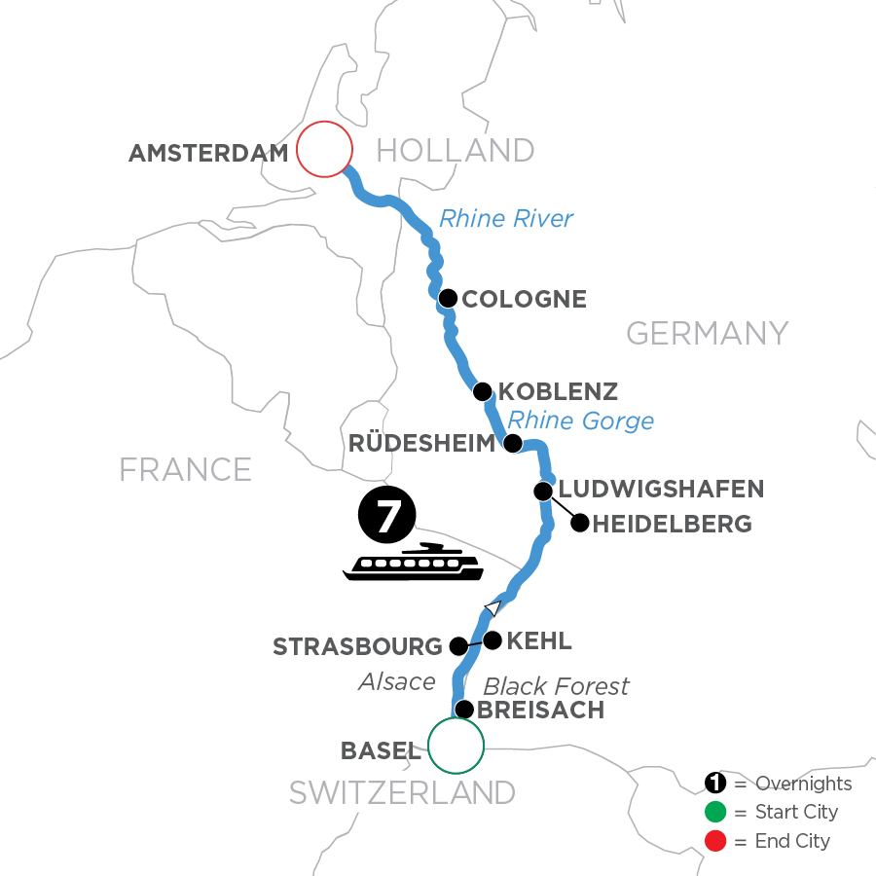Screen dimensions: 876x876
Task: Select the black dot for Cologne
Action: pyautogui.click(x=448, y=298)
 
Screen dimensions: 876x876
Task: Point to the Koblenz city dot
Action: pyautogui.click(x=482, y=392)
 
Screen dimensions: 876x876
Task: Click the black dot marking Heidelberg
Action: pyautogui.click(x=579, y=524)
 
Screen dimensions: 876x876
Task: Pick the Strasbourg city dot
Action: pyautogui.click(x=458, y=645)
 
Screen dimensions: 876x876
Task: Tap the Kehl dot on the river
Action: pyautogui.click(x=493, y=640)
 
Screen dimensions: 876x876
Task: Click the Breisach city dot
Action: pyautogui.click(x=465, y=710)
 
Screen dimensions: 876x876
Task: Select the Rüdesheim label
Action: pyautogui.click(x=420, y=444)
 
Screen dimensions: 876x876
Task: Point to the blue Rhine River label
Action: pyautogui.click(x=506, y=218)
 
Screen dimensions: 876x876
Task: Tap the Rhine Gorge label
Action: pyautogui.click(x=580, y=420)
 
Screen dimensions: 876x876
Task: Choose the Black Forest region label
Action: pyautogui.click(x=557, y=686)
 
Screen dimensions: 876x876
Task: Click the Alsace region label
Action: pyautogui.click(x=395, y=681)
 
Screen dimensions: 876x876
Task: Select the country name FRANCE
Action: pyautogui.click(x=185, y=470)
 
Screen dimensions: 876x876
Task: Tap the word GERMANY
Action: pyautogui.click(x=707, y=334)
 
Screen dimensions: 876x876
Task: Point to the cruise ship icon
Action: pyautogui.click(x=413, y=564)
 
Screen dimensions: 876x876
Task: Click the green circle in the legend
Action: pyautogui.click(x=715, y=812)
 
